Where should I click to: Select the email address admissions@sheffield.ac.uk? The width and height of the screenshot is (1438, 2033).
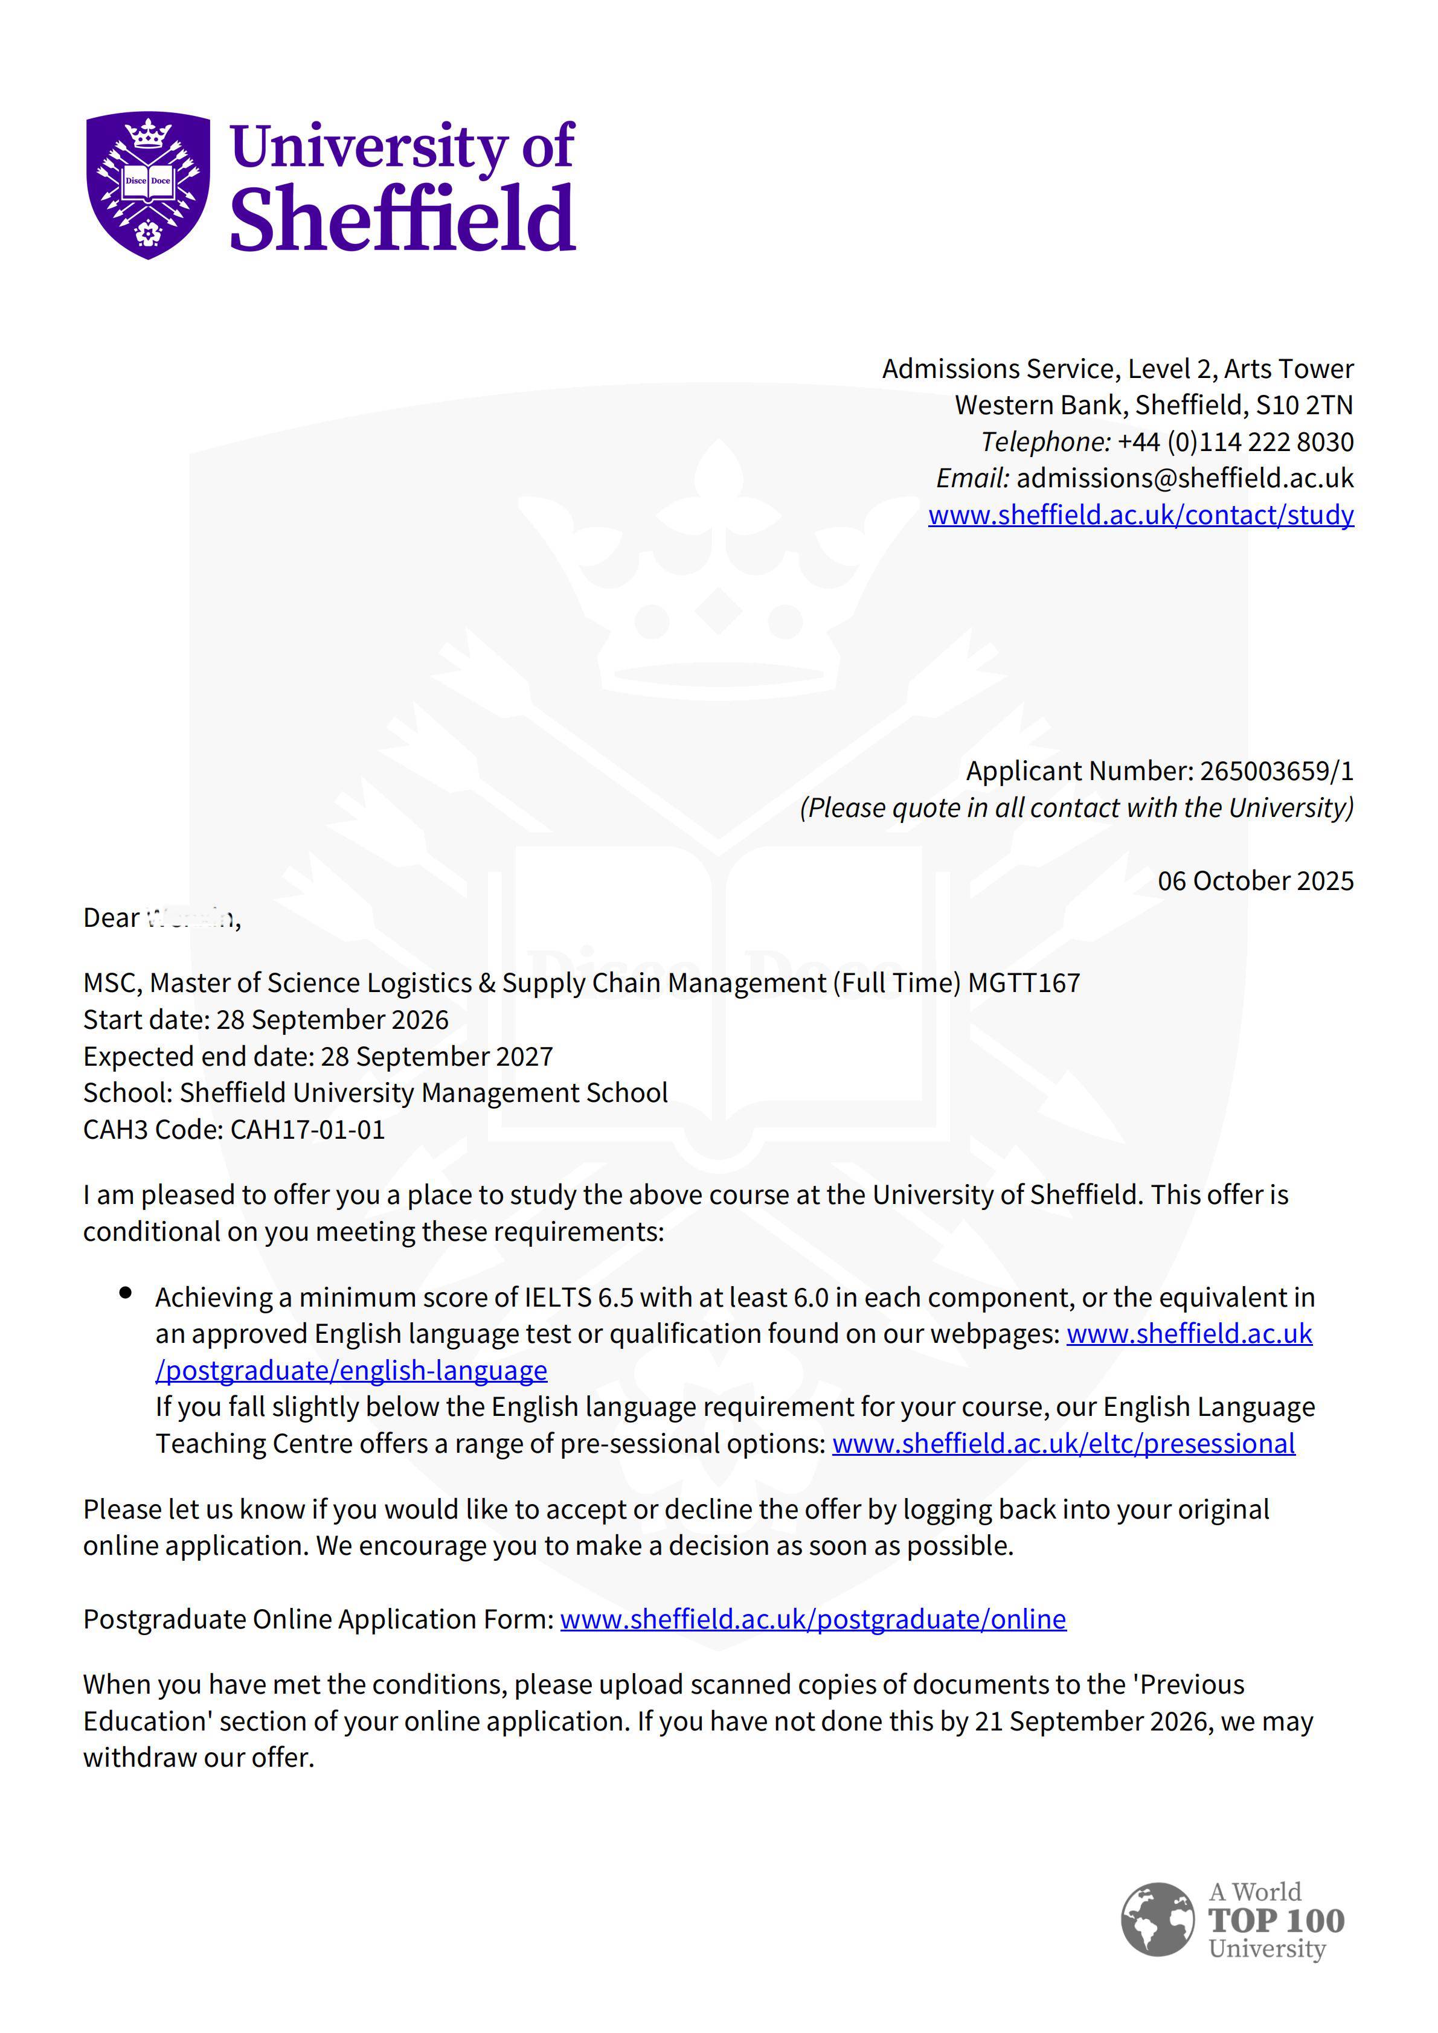point(1185,478)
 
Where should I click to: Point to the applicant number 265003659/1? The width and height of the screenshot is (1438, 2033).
point(1276,770)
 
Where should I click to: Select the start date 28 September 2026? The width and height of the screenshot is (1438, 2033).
point(332,1019)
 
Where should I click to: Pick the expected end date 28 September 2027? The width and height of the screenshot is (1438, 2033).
point(437,1056)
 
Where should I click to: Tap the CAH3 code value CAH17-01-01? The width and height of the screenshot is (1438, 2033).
point(307,1130)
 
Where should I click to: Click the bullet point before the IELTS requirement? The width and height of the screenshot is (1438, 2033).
point(126,1294)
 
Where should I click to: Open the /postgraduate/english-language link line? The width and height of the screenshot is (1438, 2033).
point(351,1371)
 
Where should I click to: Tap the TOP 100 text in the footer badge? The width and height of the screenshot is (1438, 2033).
point(1276,1921)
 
